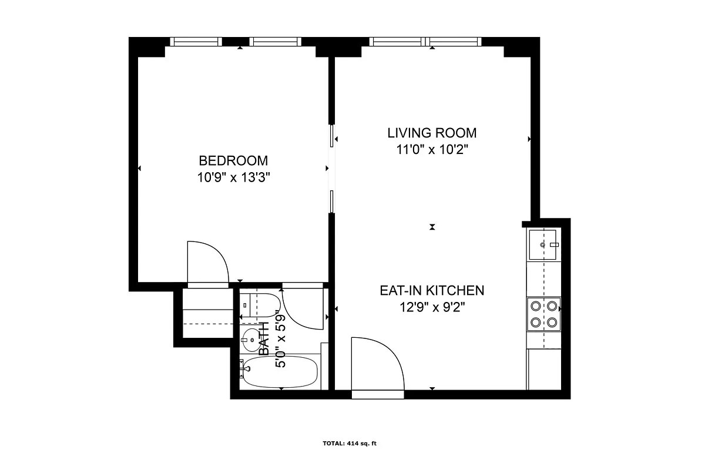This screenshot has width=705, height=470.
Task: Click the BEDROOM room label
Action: click(233, 160)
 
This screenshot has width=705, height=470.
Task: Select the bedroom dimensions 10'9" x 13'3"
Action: click(233, 177)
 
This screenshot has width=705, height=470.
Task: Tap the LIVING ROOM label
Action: click(432, 133)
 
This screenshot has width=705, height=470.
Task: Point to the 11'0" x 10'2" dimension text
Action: click(432, 149)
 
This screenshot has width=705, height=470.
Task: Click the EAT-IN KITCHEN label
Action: click(432, 290)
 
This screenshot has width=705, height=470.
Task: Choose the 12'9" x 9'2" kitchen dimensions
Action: click(432, 306)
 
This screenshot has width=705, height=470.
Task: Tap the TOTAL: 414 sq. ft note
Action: click(350, 444)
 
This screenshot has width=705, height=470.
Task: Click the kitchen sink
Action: click(543, 244)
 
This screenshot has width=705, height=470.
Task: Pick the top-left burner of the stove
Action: click(535, 305)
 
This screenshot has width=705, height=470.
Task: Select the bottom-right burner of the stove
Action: click(552, 322)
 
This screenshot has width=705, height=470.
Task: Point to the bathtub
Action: click(280, 372)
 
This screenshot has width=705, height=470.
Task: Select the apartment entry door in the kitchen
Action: click(377, 364)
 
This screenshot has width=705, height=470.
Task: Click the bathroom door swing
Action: click(303, 308)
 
